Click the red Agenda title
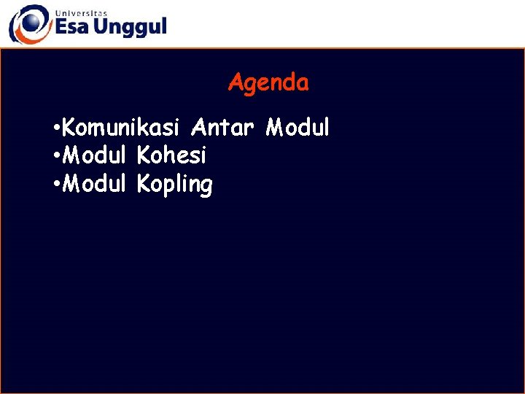click(x=268, y=83)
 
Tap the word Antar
click(x=222, y=128)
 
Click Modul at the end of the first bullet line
click(x=297, y=128)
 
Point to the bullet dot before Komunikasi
click(x=57, y=130)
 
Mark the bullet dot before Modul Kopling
click(x=57, y=185)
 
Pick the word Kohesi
click(x=172, y=156)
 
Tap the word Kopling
click(x=175, y=185)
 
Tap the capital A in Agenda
click(x=236, y=83)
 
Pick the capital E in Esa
click(x=61, y=28)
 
